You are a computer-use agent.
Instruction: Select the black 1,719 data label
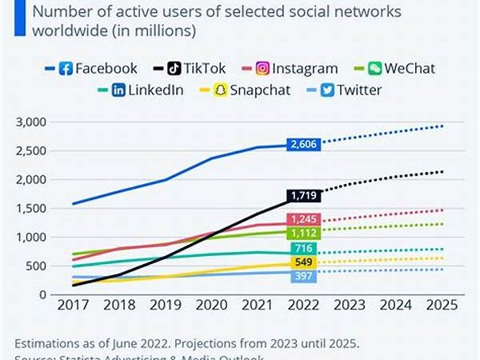tap(302, 195)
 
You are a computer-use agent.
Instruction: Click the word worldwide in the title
tap(65, 33)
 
